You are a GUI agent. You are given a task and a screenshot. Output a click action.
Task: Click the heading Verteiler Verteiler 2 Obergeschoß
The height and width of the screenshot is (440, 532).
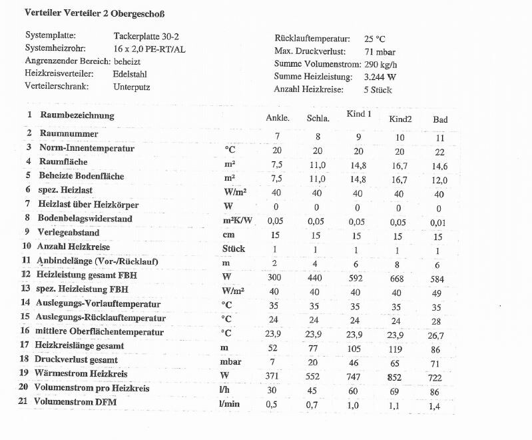pos(94,13)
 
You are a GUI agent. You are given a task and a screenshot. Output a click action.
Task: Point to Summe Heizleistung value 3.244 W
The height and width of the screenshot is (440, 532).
pos(380,76)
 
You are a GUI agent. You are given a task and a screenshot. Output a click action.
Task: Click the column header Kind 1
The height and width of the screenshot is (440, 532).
pos(359,114)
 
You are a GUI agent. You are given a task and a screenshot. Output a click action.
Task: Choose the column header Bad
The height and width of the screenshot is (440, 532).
pos(440,120)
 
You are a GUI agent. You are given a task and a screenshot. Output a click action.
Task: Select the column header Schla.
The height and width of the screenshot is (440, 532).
pos(318,119)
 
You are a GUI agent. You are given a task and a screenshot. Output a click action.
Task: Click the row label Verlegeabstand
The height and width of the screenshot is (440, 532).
pos(69,233)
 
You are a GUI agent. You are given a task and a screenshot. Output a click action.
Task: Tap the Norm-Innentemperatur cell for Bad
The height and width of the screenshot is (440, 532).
pos(439,151)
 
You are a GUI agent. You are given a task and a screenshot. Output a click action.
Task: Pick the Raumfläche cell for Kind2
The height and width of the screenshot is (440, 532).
pos(399,165)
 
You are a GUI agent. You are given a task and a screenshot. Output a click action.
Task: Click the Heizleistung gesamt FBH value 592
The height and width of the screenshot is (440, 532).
pos(357,277)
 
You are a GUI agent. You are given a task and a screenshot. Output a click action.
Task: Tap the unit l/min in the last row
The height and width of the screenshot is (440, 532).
pos(228,404)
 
